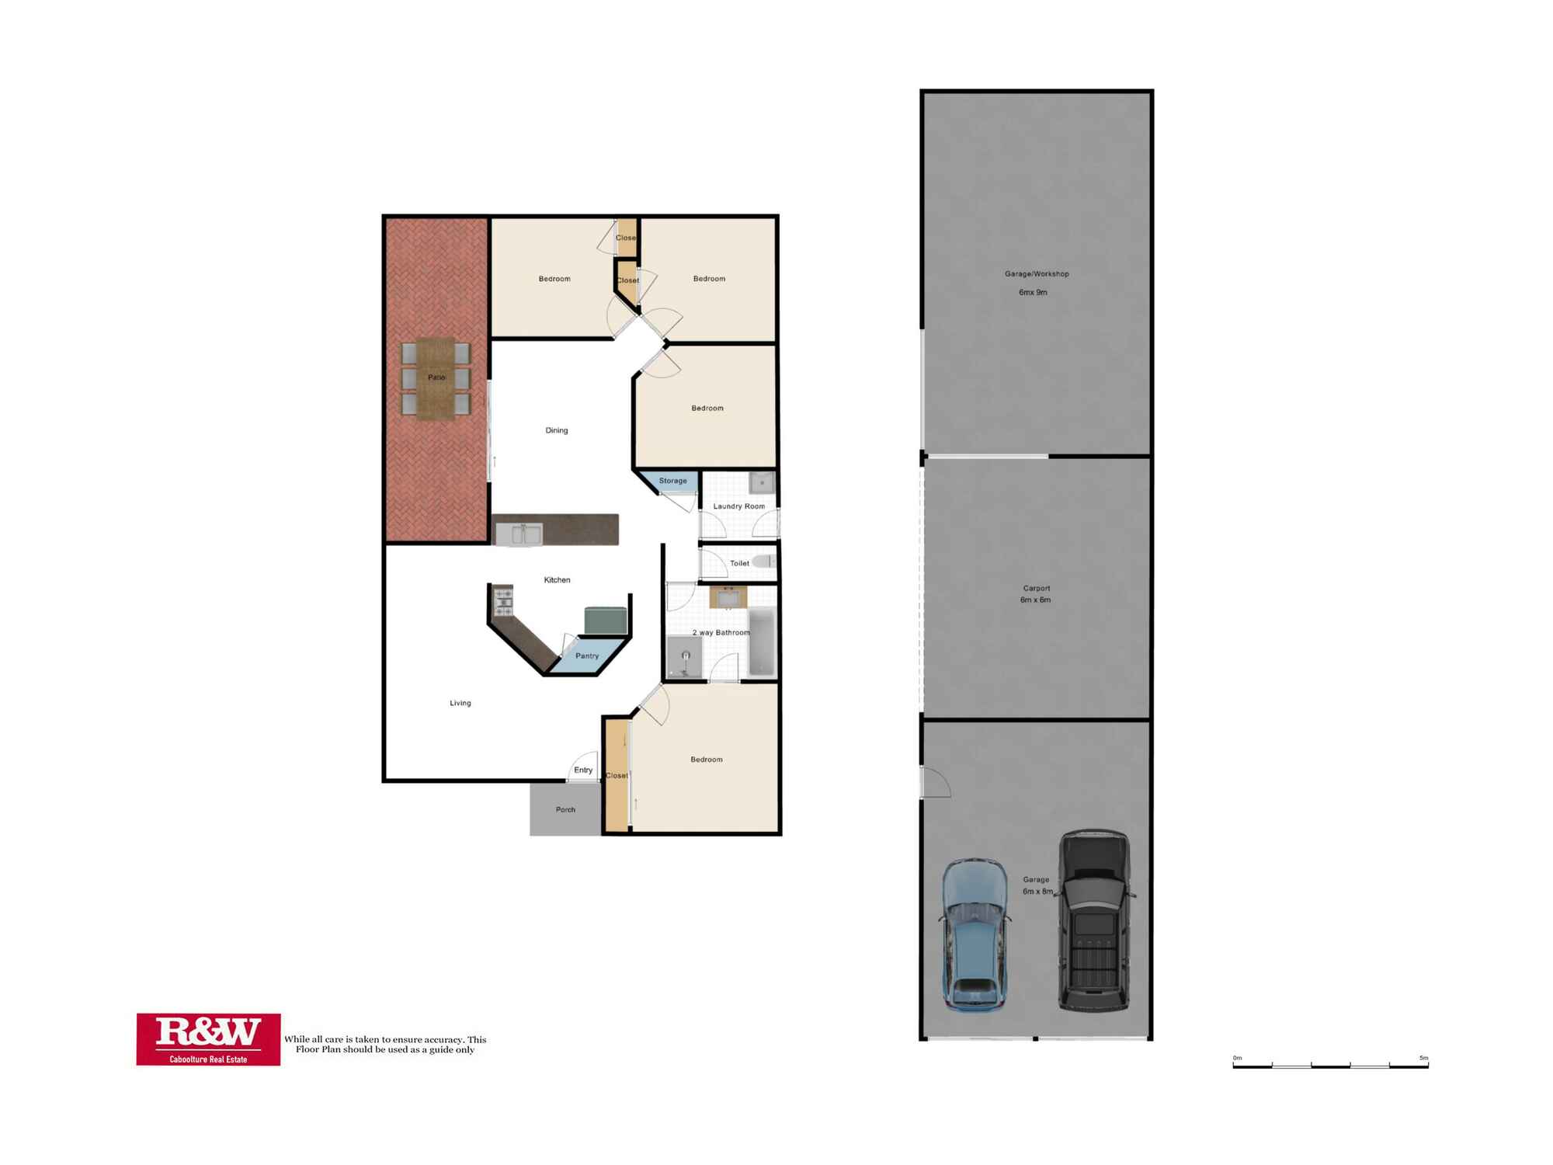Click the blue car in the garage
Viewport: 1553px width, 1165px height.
(x=975, y=935)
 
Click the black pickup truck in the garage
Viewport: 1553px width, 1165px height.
(x=1094, y=921)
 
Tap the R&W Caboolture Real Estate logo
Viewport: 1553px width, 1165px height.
(x=208, y=1039)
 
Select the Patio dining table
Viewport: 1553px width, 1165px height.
(x=436, y=378)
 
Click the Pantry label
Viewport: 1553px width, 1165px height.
(x=587, y=656)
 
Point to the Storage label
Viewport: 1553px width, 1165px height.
(x=672, y=481)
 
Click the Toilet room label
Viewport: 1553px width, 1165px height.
(x=739, y=563)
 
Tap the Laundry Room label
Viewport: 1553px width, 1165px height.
(x=738, y=506)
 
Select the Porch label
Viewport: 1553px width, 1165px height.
(x=565, y=809)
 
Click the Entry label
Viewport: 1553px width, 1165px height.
(x=583, y=770)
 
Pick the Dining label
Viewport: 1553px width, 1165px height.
(x=557, y=430)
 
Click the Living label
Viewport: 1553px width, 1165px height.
(x=460, y=703)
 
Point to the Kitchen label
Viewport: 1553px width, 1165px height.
(x=557, y=580)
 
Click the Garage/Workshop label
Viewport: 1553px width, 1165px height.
(x=1037, y=274)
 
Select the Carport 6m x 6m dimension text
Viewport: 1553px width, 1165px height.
(x=1035, y=600)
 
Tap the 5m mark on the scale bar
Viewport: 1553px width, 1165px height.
(x=1423, y=1058)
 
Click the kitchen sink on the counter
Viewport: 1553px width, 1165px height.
(x=518, y=534)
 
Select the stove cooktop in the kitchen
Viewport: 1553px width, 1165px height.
(x=504, y=597)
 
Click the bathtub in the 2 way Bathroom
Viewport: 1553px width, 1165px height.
(x=762, y=642)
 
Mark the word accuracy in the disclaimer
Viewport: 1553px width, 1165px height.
(x=445, y=1039)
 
